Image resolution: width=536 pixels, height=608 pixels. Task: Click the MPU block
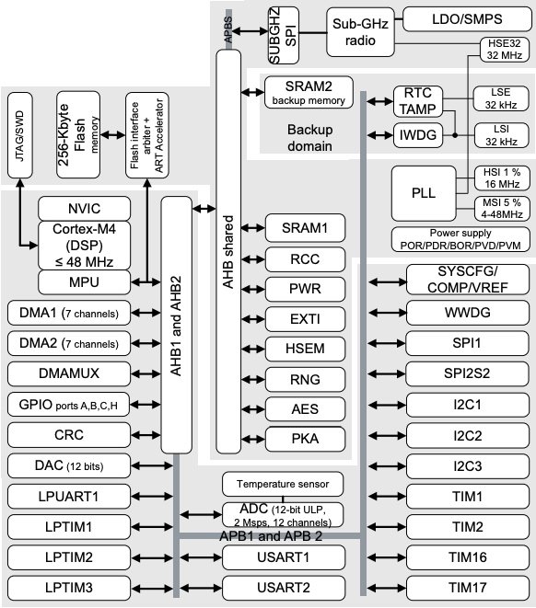[87, 280]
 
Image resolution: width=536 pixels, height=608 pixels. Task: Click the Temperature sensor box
[283, 484]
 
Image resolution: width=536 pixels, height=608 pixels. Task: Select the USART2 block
[283, 587]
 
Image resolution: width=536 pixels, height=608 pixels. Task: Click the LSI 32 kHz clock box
[502, 135]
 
